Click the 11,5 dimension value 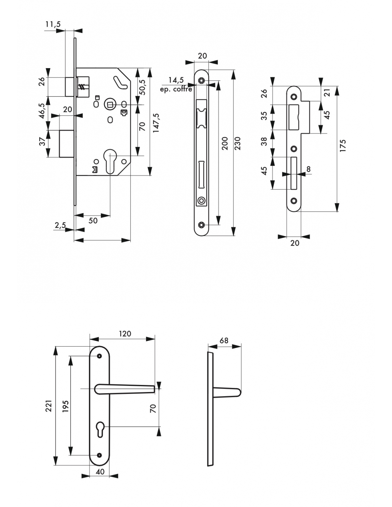tap(53, 24)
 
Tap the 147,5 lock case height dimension tap(156, 123)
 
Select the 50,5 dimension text tap(142, 87)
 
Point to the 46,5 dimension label tap(42, 111)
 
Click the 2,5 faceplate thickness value tap(60, 225)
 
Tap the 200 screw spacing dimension tap(225, 143)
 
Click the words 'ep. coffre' tap(176, 89)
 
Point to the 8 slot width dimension tap(309, 169)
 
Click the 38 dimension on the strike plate tap(264, 141)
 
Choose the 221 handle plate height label tap(49, 406)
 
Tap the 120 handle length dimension tap(125, 334)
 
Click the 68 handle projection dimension tap(224, 340)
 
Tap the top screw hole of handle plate tap(99, 356)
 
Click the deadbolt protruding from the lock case tap(67, 144)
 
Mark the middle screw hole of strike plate tap(294, 149)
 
